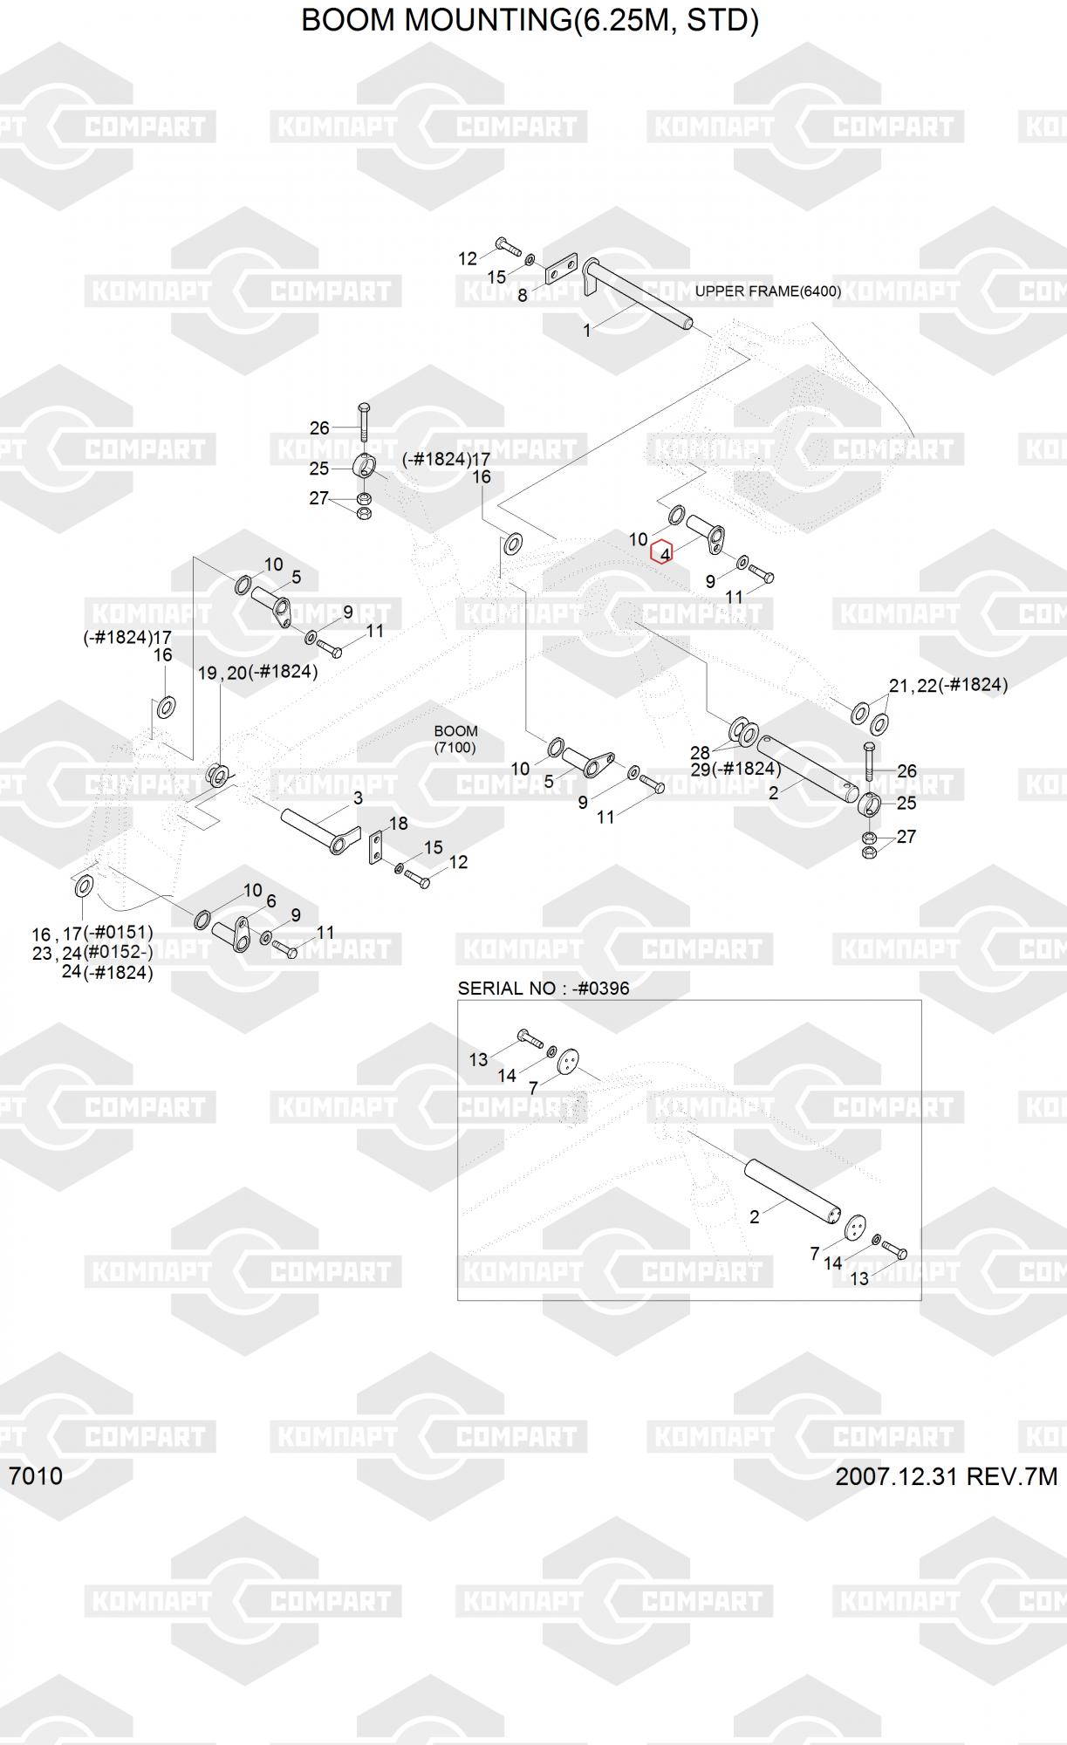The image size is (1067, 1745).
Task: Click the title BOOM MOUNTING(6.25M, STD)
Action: [x=530, y=20]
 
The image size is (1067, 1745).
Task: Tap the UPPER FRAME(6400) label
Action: [x=768, y=291]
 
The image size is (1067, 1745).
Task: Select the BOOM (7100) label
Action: [x=455, y=739]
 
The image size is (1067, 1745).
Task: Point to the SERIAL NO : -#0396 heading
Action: [x=544, y=989]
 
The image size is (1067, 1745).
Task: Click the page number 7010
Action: [x=36, y=1475]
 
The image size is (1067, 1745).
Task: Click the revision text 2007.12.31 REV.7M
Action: [x=947, y=1476]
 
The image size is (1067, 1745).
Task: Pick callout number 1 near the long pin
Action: [x=587, y=331]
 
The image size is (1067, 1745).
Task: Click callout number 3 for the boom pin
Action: [x=358, y=798]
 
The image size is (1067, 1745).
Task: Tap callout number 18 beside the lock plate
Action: [x=398, y=824]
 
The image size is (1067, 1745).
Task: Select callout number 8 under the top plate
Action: [x=522, y=296]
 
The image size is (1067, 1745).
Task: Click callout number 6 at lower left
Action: [x=271, y=901]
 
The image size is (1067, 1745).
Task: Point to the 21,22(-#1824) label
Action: [x=948, y=685]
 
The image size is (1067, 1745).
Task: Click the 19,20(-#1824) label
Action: [x=257, y=673]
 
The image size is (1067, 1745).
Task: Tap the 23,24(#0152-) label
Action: [x=92, y=953]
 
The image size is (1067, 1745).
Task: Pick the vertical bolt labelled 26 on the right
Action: [x=869, y=762]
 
